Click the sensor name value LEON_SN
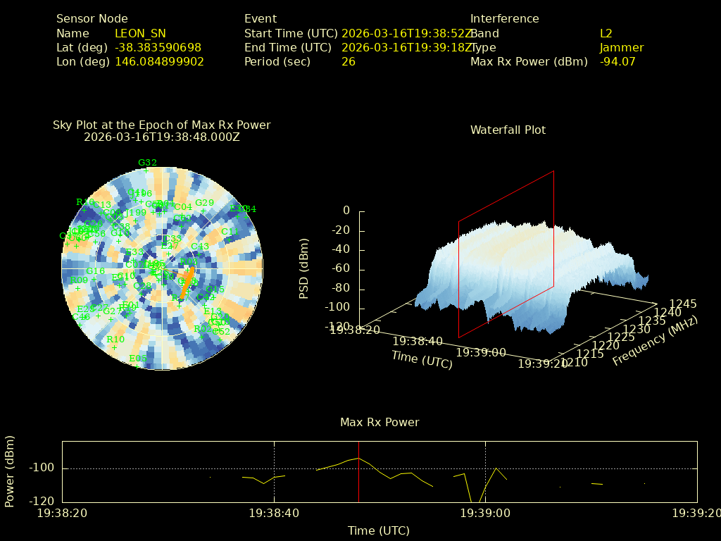[x=140, y=33]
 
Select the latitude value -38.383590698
[x=158, y=47]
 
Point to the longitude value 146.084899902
[x=159, y=61]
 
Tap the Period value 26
[x=348, y=61]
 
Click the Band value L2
[x=606, y=33]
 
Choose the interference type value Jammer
[x=621, y=47]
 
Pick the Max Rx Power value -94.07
[x=617, y=61]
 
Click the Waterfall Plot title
[x=508, y=130]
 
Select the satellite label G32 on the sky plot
[x=147, y=163]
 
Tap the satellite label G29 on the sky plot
[x=204, y=203]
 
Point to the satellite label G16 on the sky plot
[x=95, y=270]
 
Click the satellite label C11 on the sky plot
[x=230, y=231]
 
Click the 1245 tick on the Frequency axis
[x=683, y=304]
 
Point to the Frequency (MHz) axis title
[x=654, y=340]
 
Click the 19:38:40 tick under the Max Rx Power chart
[x=274, y=514]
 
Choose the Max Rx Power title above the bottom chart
[x=380, y=422]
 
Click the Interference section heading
[x=504, y=19]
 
